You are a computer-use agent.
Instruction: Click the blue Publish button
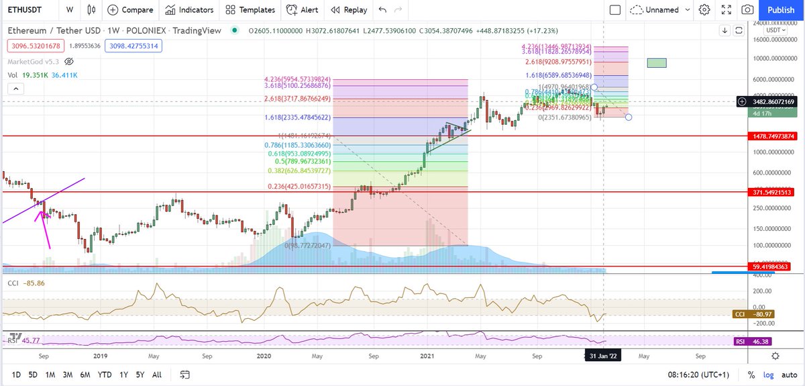tap(781, 10)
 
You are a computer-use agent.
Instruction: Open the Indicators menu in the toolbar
tap(190, 10)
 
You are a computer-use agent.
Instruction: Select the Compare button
tap(130, 10)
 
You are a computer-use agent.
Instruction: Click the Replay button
tap(347, 10)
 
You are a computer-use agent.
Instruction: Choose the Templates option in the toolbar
tap(250, 10)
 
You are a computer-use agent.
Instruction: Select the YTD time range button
tap(104, 374)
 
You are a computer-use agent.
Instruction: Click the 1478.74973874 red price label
tap(773, 136)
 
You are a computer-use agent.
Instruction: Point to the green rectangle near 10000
tap(657, 62)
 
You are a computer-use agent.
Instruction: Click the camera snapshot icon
tap(747, 10)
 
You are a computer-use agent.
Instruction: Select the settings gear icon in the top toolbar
tap(704, 10)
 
